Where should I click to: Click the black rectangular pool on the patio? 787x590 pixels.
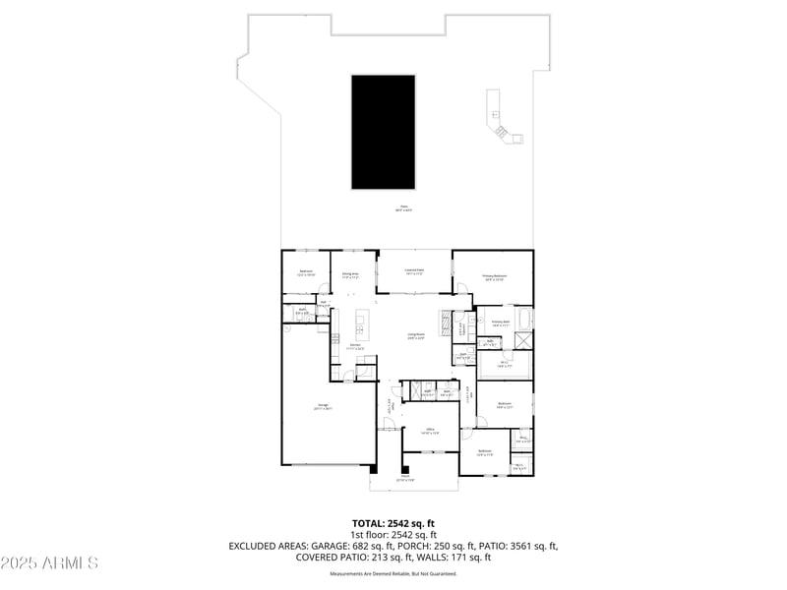[383, 133]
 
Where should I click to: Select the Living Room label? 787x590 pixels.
[416, 335]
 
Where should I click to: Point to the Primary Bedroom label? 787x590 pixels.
[494, 278]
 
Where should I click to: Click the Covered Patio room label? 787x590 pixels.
[414, 270]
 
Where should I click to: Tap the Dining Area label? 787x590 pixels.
[350, 276]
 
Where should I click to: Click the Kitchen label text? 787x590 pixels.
[356, 346]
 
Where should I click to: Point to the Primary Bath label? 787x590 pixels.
[500, 323]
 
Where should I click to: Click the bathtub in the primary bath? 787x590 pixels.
[523, 320]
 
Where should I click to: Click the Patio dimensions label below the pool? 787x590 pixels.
[403, 209]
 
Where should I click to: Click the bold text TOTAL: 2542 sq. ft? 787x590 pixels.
[393, 523]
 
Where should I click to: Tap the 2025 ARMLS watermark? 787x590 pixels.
[49, 563]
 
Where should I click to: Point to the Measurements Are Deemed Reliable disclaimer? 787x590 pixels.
[393, 573]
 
